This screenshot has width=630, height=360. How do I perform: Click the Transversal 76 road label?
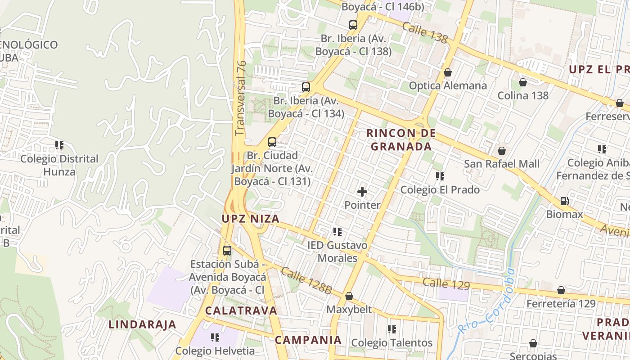click(x=241, y=98)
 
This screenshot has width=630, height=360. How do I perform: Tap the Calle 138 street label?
click(x=424, y=33)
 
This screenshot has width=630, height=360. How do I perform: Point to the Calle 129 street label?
click(x=446, y=283)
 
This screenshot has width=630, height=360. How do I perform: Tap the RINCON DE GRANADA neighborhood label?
click(x=401, y=139)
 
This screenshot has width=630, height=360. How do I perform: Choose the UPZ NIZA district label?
click(x=251, y=219)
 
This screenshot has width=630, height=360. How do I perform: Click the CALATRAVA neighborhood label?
click(x=241, y=310)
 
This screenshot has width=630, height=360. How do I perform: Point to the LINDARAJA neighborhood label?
click(x=142, y=324)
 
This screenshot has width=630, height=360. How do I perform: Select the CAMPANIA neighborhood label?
click(x=308, y=340)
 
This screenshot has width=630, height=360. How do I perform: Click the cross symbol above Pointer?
click(x=362, y=192)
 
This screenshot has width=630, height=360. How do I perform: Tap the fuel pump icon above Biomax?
click(x=564, y=201)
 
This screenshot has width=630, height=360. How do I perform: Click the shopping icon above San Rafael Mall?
click(x=501, y=151)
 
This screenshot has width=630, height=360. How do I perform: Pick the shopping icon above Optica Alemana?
click(x=447, y=72)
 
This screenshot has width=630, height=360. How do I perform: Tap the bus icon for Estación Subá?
click(x=227, y=251)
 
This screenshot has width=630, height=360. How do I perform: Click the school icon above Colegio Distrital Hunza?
click(x=59, y=145)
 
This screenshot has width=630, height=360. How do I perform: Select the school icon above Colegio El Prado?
click(x=440, y=176)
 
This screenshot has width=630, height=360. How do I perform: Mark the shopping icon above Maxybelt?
click(x=349, y=297)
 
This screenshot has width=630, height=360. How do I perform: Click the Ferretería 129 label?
click(x=561, y=303)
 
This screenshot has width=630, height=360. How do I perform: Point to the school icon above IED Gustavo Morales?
click(x=337, y=232)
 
